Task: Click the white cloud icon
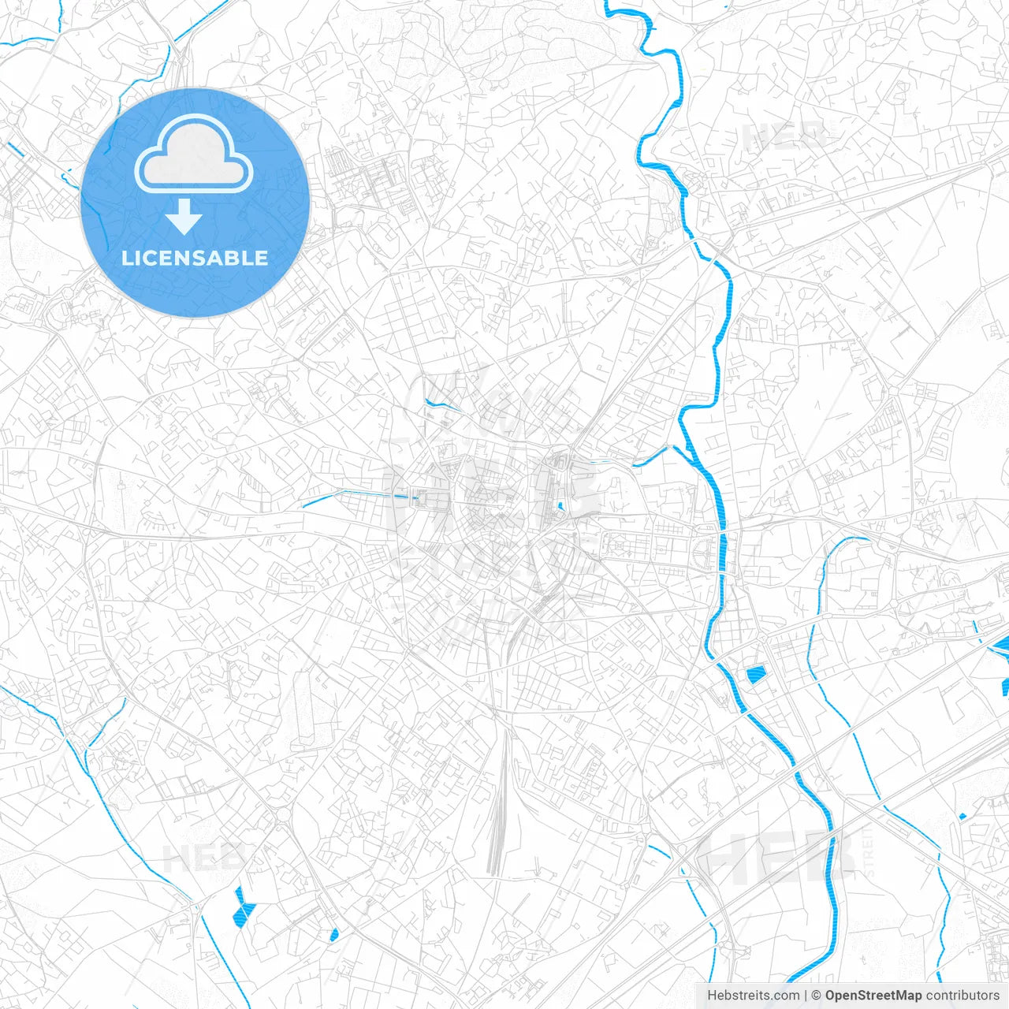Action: point(194,155)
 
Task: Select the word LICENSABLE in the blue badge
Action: point(195,258)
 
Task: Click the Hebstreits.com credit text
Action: point(753,996)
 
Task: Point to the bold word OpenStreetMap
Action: point(873,996)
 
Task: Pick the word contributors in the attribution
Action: point(962,996)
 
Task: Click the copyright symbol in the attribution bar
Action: point(817,996)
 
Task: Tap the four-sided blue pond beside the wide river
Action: point(755,674)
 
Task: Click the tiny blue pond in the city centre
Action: point(560,506)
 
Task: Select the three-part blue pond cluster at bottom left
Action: point(244,906)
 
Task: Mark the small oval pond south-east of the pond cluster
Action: point(334,935)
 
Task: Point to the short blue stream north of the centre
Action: point(444,406)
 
